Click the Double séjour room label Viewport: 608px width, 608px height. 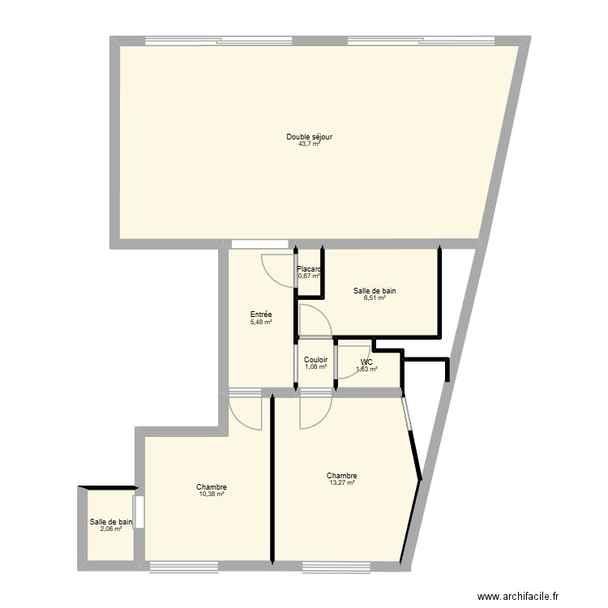309,137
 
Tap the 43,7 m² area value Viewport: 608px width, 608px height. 309,144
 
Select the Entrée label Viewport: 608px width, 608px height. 261,315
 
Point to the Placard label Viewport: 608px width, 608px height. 309,269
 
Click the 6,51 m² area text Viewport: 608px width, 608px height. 375,298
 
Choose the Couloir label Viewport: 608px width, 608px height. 315,360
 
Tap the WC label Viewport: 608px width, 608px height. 366,362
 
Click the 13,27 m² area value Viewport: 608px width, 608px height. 342,483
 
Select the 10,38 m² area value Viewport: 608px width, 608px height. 211,494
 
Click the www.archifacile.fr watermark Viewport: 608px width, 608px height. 519,597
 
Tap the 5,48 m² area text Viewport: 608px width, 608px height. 261,322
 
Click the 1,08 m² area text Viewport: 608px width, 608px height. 315,367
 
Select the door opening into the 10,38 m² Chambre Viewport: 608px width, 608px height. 246,412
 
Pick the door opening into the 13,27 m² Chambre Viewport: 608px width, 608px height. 315,411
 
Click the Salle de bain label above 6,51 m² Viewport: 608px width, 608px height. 375,291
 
